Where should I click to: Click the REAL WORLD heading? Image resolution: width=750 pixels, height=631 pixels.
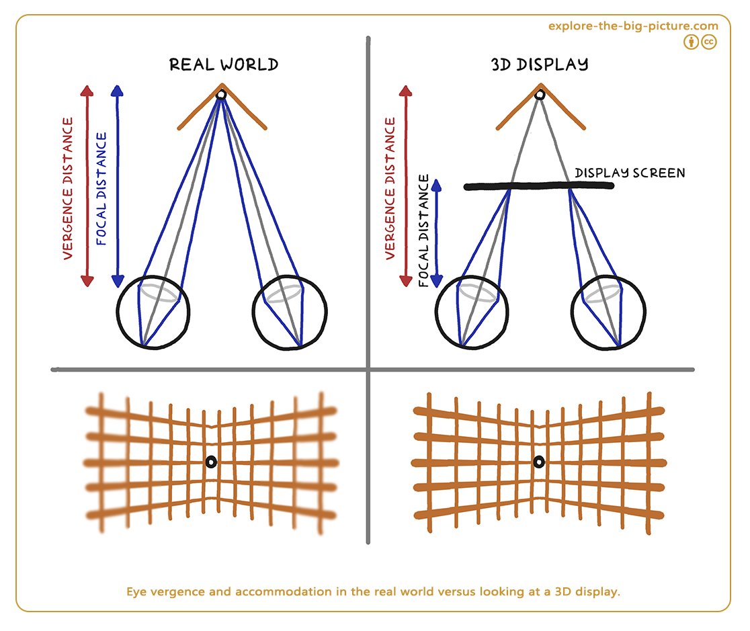point(224,65)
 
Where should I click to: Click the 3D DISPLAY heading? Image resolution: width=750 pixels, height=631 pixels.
point(540,65)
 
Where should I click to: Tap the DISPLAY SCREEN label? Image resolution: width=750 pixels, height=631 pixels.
point(630,173)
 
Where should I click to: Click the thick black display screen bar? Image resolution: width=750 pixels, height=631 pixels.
point(538,186)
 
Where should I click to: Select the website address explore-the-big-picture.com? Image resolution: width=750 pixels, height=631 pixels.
point(633,26)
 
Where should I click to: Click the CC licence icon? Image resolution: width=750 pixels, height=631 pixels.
point(709,42)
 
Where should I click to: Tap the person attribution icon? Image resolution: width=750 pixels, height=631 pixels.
point(691,42)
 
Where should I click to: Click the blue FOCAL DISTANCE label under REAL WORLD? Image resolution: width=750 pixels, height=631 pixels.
point(101,189)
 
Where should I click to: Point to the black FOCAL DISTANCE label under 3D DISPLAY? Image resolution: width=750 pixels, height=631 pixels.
point(424,230)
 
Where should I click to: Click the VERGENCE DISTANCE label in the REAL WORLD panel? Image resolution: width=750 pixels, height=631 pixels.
point(68,188)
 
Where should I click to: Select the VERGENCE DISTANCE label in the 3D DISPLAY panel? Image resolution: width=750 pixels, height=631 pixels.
point(390,188)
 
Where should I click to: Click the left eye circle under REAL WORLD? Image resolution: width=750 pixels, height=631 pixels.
point(118,312)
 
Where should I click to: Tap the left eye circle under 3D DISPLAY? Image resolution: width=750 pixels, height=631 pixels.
point(436,312)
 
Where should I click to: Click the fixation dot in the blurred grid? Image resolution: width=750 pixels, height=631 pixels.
point(211,462)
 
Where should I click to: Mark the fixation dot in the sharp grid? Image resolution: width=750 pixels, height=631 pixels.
point(539,462)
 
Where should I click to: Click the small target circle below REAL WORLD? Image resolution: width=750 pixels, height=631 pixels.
point(221,95)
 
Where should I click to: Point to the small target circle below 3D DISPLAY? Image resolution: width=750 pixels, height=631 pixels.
point(540,95)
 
